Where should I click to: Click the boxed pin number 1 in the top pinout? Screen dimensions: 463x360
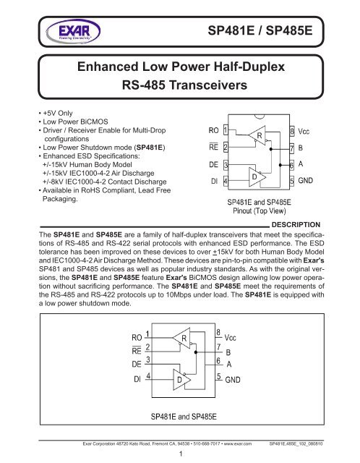tap(226, 132)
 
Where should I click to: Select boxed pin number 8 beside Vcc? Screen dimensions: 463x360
tap(291, 132)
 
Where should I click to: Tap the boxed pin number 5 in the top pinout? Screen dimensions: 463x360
tap(291, 180)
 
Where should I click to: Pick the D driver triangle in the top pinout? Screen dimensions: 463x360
tap(254, 174)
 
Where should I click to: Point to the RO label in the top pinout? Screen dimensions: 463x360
tap(213, 132)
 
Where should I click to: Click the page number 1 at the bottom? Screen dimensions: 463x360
tap(179, 455)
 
